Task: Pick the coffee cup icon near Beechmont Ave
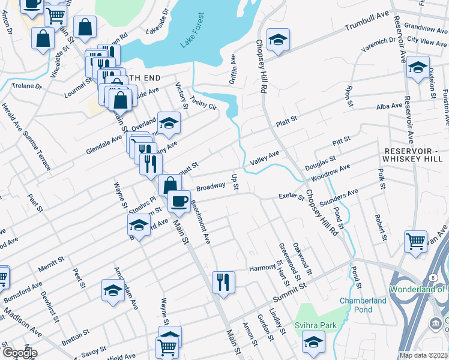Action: pos(178,200)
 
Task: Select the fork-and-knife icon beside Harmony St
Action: pos(224,281)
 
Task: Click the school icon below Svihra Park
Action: pos(312,343)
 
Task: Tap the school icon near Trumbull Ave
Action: pos(278,39)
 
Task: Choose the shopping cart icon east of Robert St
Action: pos(415,241)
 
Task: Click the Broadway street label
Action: pos(210,186)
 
